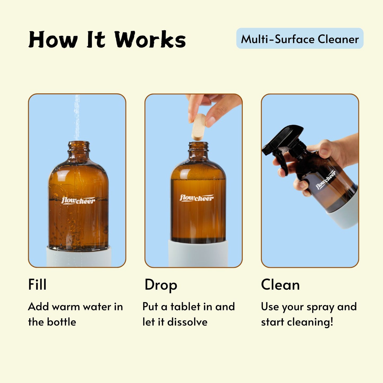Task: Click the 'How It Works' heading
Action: tap(107, 40)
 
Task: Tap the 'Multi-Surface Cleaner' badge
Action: tap(300, 39)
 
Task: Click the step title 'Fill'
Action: tap(37, 285)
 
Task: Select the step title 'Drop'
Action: tap(161, 285)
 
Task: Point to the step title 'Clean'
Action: tap(280, 285)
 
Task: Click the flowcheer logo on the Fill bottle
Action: tap(78, 201)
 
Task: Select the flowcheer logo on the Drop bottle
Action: tap(196, 198)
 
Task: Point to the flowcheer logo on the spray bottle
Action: tap(326, 180)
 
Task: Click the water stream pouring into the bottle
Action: tap(77, 117)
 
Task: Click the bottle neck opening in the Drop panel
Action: tap(198, 146)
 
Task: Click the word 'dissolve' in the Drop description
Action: tap(187, 322)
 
